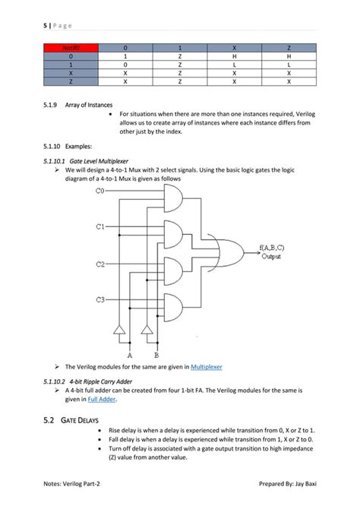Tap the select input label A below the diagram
(x=129, y=354)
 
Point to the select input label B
(x=156, y=354)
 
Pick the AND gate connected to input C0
(x=172, y=201)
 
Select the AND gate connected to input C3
(x=172, y=307)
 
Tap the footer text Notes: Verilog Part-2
(x=76, y=483)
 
